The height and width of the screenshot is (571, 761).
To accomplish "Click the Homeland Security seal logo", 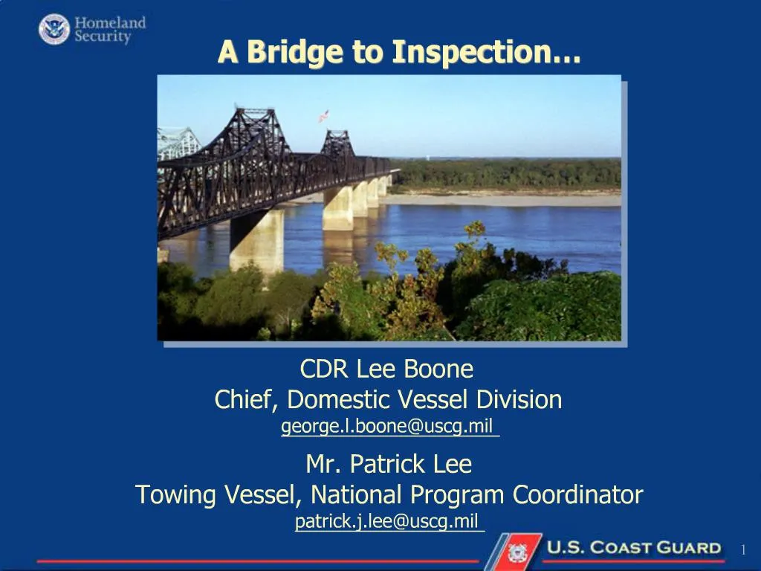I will [54, 29].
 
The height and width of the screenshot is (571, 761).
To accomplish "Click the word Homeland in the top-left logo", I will [109, 23].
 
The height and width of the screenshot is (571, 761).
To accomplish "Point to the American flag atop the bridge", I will [323, 116].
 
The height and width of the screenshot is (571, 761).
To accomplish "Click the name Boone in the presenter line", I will [438, 369].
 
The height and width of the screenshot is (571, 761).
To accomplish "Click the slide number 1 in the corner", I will [742, 549].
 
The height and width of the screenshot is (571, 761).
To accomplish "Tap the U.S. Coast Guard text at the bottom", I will [634, 549].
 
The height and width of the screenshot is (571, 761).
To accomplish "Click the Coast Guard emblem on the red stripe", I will [516, 552].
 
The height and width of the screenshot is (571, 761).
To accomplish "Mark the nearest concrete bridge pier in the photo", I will [256, 239].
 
